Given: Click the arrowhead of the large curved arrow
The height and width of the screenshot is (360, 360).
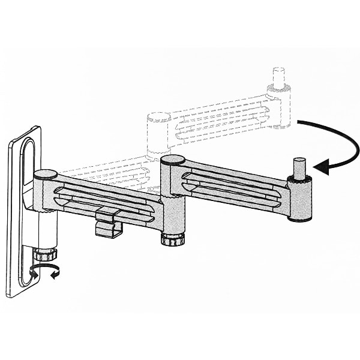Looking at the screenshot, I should (319, 169).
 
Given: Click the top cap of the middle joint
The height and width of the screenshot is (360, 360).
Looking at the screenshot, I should (172, 160).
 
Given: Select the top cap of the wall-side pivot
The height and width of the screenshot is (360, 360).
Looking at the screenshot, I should (45, 175).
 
